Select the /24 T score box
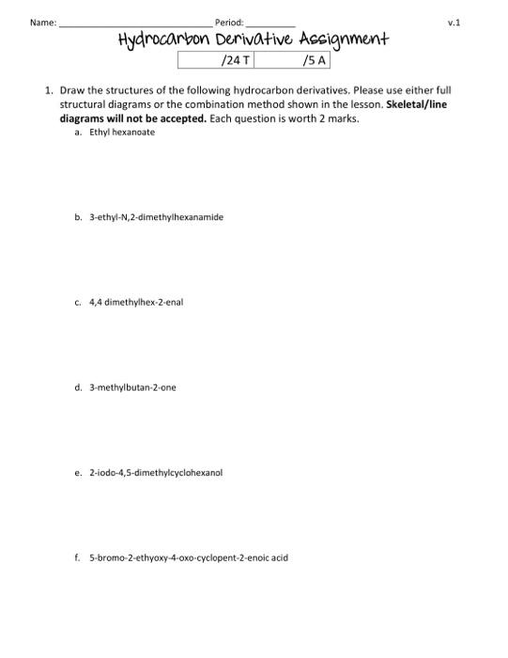point(216,61)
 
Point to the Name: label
point(43,22)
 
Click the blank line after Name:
point(135,23)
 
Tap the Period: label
point(229,22)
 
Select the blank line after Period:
point(270,23)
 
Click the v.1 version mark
point(454,22)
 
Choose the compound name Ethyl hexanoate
point(122,133)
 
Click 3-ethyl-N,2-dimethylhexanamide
point(156,217)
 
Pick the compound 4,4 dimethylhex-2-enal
point(135,303)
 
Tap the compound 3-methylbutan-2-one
point(132,387)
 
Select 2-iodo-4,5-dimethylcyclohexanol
point(156,472)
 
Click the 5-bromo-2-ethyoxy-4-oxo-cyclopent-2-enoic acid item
point(189,557)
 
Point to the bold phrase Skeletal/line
point(417,104)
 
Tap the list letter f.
point(77,557)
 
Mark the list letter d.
point(78,387)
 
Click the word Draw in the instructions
point(72,90)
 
